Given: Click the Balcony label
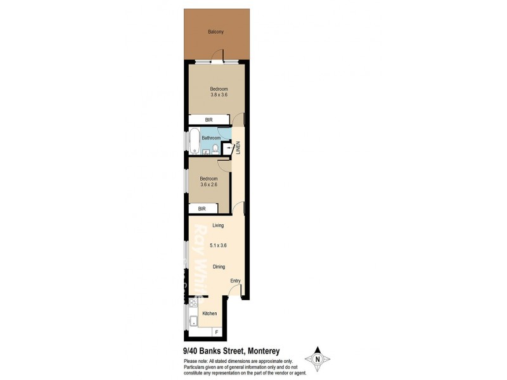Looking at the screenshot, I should [x=215, y=32].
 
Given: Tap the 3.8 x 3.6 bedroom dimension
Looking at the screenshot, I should [x=219, y=95].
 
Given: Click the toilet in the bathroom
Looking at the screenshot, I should [x=215, y=149].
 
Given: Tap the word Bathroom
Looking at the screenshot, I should [x=211, y=137].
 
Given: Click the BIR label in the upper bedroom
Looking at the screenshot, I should [x=208, y=119].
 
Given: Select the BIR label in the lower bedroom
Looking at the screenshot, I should [x=202, y=208].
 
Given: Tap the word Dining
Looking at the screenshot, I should [x=219, y=267].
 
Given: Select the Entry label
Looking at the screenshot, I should [x=236, y=281].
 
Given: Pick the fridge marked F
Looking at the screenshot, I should [x=217, y=332].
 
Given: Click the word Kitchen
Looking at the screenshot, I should [x=209, y=313].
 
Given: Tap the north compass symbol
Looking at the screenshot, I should [x=316, y=359].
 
